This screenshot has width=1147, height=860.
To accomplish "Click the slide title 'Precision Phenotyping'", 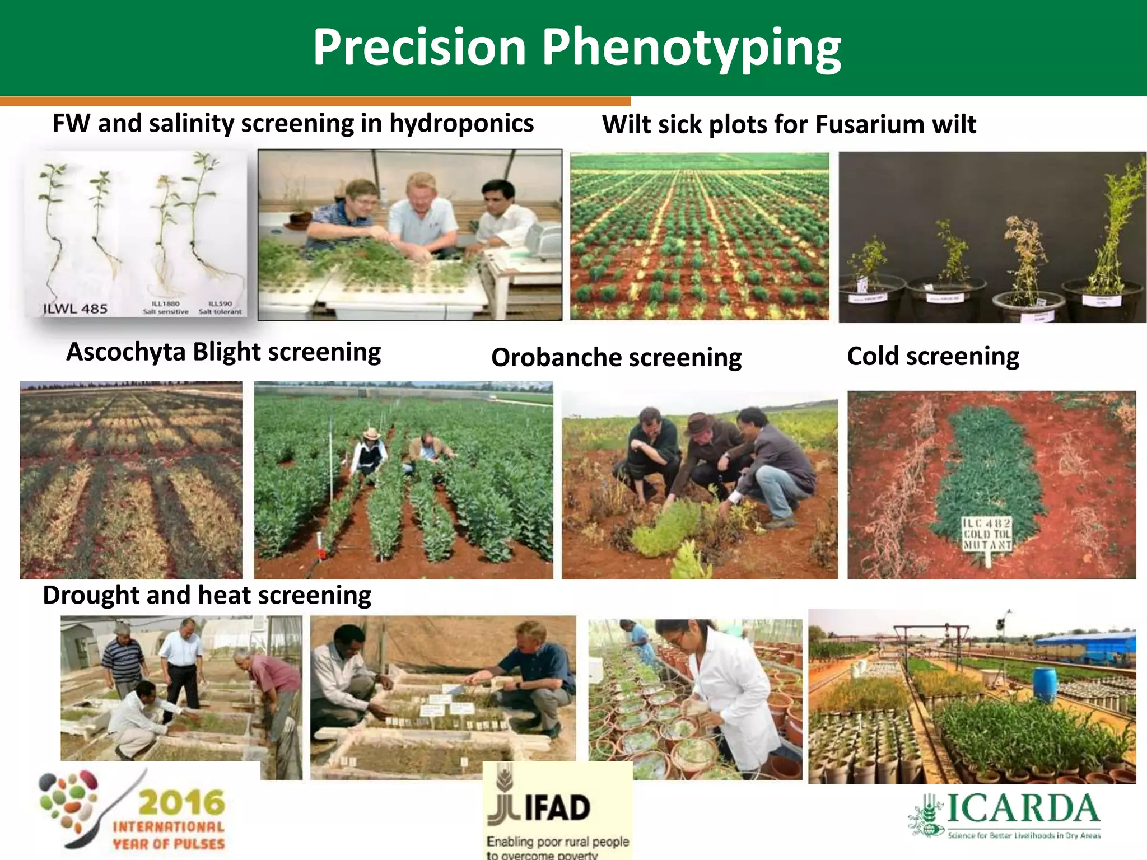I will coord(576,48).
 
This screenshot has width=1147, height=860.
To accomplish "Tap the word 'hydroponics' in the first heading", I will coord(461,124).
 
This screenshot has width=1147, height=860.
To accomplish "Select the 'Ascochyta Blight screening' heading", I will coord(223,352).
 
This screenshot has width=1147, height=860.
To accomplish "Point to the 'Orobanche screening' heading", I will coord(616,358).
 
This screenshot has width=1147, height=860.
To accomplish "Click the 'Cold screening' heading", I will coord(932,356).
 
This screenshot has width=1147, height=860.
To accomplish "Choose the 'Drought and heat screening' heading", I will coord(207,595).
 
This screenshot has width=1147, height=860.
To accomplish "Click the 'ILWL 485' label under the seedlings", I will coord(75,309).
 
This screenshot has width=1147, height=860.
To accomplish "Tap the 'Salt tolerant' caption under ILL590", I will coord(220,312).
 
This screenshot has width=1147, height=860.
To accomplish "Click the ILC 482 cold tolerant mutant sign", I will coord(987,534).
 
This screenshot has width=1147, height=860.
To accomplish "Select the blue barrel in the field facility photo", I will coord(1044,684).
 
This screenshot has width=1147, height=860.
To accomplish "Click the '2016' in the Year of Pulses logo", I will coord(181,802).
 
